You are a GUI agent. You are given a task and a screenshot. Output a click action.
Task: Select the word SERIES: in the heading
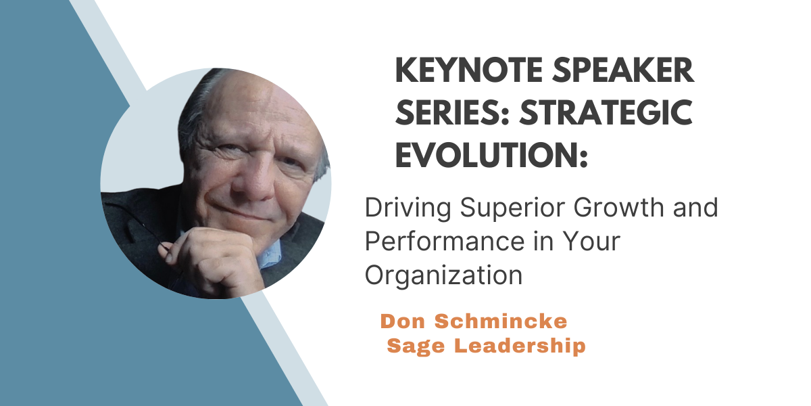pyautogui.click(x=453, y=113)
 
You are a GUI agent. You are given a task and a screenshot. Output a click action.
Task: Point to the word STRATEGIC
pyautogui.click(x=606, y=113)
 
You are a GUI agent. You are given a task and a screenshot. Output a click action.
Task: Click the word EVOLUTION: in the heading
pyautogui.click(x=491, y=155)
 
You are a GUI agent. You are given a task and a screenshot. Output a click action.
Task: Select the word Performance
pyautogui.click(x=445, y=241)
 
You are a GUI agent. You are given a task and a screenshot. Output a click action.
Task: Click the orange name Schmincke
pyautogui.click(x=501, y=321)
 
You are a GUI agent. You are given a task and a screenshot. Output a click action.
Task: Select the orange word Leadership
pyautogui.click(x=520, y=346)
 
